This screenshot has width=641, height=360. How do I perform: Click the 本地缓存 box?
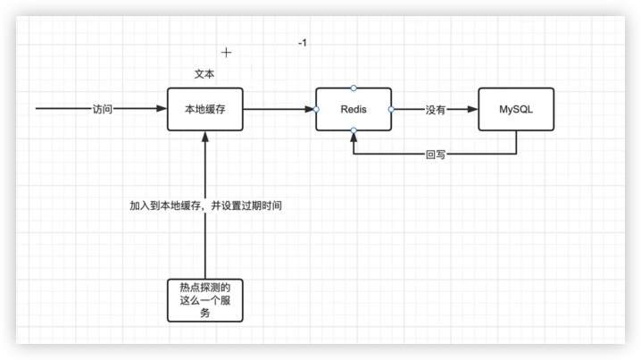coord(205,109)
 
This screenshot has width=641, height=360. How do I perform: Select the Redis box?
coord(354,109)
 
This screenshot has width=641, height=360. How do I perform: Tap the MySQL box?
coord(515,109)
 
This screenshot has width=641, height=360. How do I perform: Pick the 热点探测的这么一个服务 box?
coord(205,300)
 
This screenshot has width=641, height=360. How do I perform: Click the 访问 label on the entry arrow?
coord(103,109)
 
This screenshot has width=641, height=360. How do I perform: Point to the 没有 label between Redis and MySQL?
coord(436,109)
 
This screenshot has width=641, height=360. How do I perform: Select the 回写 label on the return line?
coord(436,154)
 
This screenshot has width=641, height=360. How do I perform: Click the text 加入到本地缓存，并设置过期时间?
coord(206,205)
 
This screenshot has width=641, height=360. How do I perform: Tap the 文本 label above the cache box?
coord(204,73)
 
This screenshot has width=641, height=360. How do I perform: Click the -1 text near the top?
coord(303,43)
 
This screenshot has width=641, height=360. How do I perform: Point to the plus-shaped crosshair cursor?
coord(227,53)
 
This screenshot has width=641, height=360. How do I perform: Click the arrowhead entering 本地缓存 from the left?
coord(162,109)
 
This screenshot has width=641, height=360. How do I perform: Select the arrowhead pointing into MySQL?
coord(472,109)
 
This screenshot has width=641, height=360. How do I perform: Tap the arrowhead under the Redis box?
coord(354,137)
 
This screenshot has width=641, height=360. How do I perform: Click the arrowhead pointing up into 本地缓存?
coord(205,137)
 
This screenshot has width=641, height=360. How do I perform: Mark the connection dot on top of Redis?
coord(354,88)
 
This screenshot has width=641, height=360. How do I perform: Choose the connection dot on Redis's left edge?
coord(316,109)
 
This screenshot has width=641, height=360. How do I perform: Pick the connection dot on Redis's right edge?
coord(392,109)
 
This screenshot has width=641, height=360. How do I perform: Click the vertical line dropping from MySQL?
coord(515,143)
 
